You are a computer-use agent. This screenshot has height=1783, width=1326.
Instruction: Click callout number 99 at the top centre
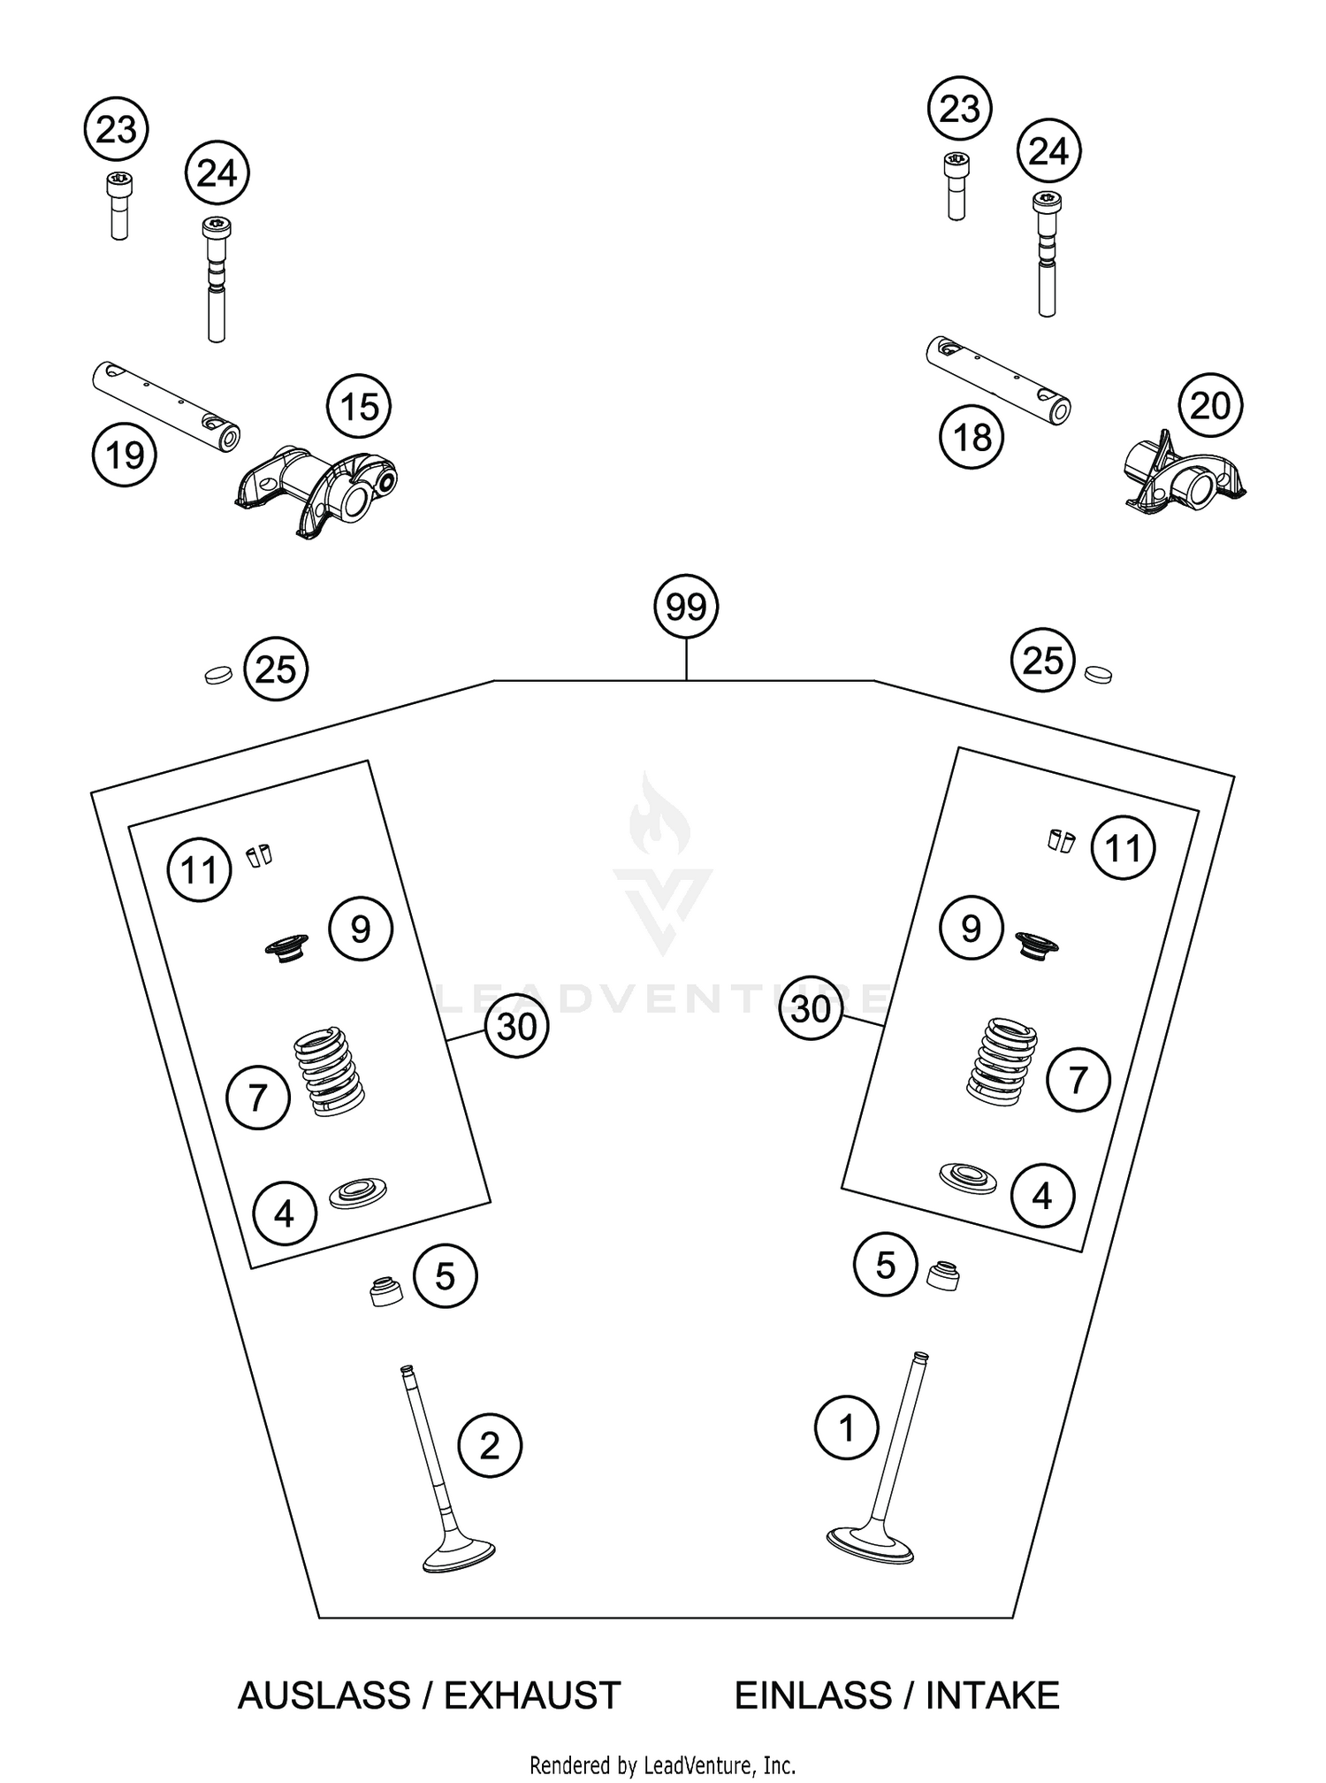(x=686, y=608)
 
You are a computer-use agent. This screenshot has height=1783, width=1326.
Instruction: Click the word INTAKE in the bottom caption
(x=992, y=1696)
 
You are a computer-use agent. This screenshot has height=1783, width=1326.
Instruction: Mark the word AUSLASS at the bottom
(x=324, y=1696)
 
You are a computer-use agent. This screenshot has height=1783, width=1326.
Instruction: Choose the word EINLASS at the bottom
(x=814, y=1696)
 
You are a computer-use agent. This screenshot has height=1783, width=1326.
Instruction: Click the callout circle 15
(x=359, y=409)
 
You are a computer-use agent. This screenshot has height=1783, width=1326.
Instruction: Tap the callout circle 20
(x=1210, y=406)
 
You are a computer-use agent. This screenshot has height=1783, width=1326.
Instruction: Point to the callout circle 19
(x=125, y=455)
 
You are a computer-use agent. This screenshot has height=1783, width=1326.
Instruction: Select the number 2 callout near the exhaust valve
(x=490, y=1446)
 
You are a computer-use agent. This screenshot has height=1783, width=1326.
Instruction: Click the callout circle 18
(x=972, y=437)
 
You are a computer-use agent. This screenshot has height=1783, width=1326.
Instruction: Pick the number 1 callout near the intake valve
(x=847, y=1427)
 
